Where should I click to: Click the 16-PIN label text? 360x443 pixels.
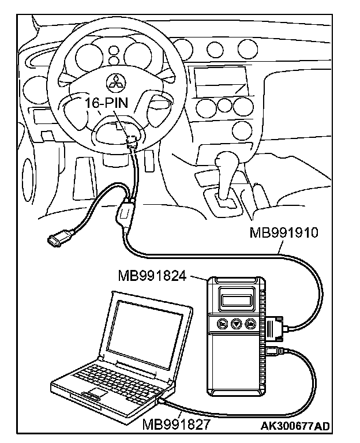(x=106, y=104)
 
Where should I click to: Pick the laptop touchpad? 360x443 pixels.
(x=96, y=393)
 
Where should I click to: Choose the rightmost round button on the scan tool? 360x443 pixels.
(x=250, y=324)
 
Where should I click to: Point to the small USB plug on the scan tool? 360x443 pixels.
(x=273, y=350)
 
